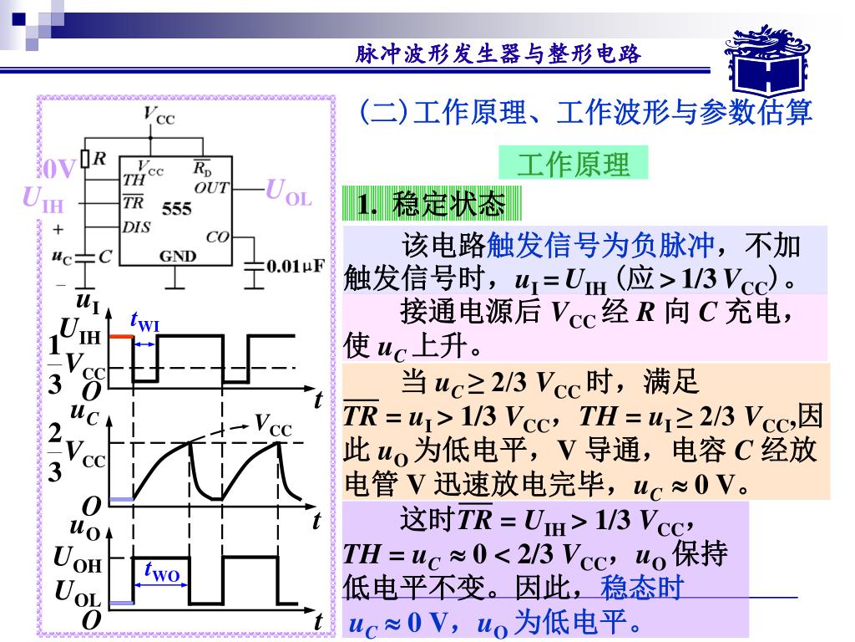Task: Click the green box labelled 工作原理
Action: click(x=573, y=164)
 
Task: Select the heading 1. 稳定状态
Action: click(x=432, y=204)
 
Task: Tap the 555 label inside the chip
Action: click(x=177, y=209)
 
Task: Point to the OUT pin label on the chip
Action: click(x=212, y=187)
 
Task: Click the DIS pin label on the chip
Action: click(x=137, y=226)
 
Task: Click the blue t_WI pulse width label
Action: click(x=145, y=323)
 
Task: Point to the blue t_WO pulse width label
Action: click(x=161, y=573)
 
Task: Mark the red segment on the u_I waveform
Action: click(x=122, y=336)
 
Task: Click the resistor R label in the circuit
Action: click(x=99, y=159)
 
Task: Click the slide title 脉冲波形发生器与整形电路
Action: click(x=498, y=54)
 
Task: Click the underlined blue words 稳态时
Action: click(x=642, y=588)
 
